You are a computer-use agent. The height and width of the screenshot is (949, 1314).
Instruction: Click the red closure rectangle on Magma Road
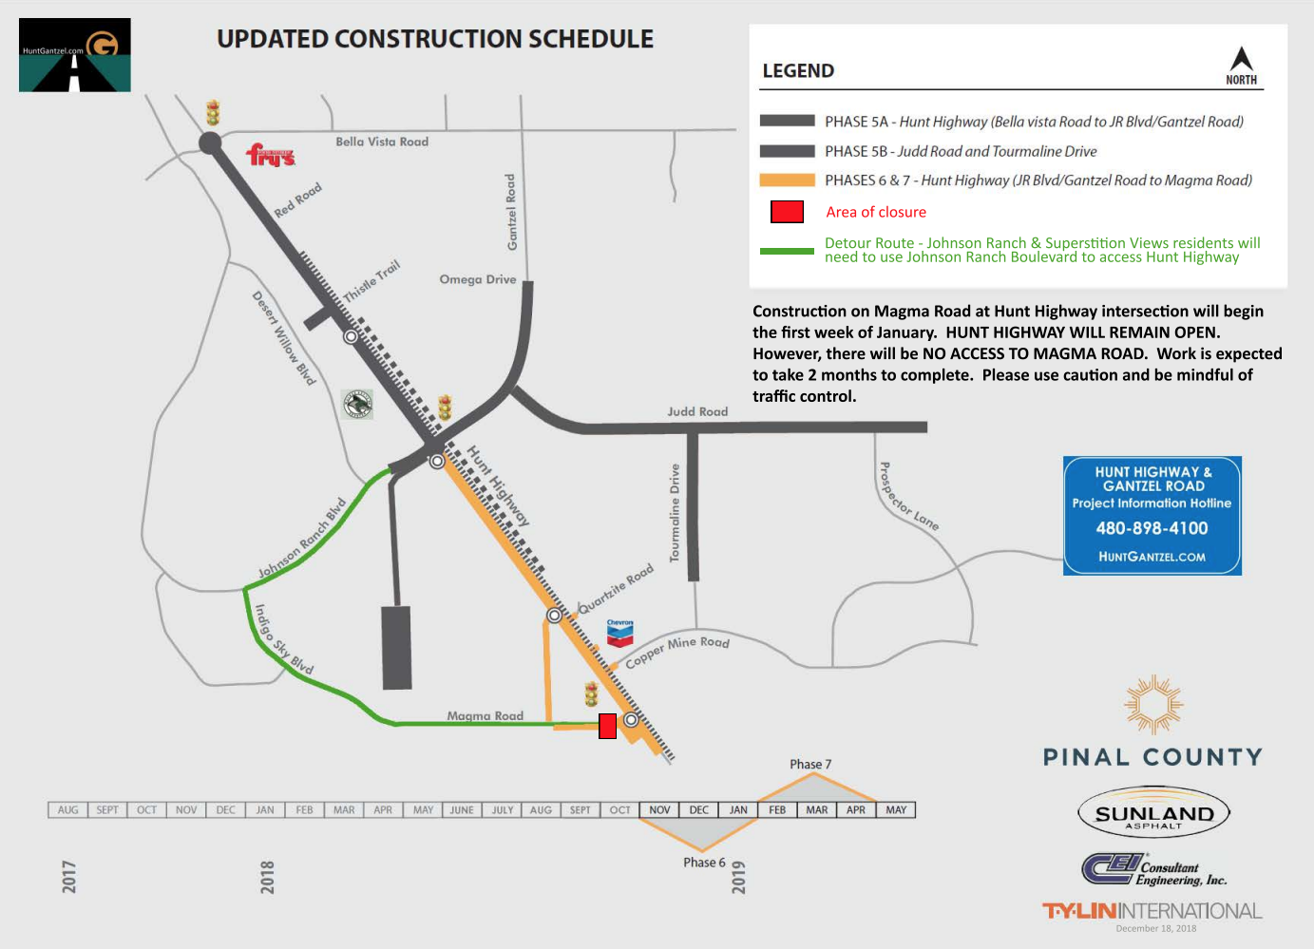click(607, 726)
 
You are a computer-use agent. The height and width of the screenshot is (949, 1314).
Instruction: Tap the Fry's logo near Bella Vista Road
click(271, 155)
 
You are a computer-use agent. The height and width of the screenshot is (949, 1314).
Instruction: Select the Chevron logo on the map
click(619, 633)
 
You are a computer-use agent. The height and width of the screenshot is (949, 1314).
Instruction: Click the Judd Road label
click(697, 411)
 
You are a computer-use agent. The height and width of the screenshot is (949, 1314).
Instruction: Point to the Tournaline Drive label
click(675, 513)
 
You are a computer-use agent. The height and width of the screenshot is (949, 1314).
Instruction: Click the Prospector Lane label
click(907, 497)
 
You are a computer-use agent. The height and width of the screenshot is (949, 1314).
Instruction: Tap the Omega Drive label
click(478, 279)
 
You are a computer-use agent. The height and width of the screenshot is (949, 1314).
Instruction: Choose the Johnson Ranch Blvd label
click(302, 539)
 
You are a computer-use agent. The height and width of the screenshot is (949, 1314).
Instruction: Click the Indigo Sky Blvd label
click(283, 639)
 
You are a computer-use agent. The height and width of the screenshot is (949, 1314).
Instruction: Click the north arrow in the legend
click(1241, 60)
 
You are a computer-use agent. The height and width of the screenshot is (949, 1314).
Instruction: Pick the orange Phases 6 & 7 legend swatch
click(787, 180)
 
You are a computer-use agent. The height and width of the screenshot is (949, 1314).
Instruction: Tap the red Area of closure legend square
click(787, 212)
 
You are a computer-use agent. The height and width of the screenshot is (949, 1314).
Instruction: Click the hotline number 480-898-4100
click(1152, 528)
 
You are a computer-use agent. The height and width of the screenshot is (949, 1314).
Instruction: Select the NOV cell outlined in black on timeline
click(659, 810)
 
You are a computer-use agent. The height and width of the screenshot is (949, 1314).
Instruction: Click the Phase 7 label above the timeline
click(810, 764)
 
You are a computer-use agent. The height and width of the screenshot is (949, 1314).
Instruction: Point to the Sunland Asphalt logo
click(1154, 813)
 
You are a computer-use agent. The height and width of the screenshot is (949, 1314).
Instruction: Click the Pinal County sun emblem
click(1153, 705)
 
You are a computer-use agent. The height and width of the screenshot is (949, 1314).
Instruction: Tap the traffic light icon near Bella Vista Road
click(213, 113)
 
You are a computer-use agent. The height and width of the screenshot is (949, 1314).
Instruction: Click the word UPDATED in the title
click(273, 39)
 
